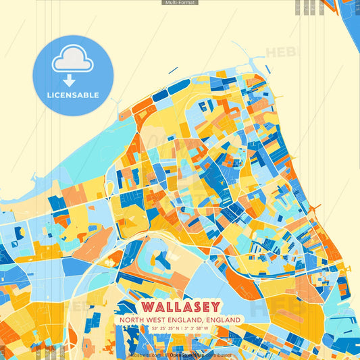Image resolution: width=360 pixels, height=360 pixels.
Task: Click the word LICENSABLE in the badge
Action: [73, 95]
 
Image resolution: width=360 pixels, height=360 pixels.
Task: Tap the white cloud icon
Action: [72, 60]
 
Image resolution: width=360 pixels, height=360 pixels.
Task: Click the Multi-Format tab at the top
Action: [180, 3]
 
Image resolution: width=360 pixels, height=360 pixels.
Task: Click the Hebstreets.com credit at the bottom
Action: [145, 355]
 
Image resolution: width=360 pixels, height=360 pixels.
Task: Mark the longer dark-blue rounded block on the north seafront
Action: [162, 95]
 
